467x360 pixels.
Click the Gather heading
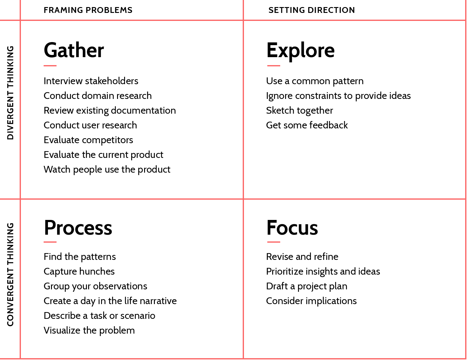point(74,50)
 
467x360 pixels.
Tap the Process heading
point(78,228)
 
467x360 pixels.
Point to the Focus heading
point(292,228)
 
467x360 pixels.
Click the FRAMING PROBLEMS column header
point(88,10)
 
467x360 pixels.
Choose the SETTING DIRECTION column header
point(312,10)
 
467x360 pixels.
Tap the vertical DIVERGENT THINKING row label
point(10,93)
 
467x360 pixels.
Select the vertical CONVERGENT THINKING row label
point(10,275)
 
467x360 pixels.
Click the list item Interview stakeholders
point(91,81)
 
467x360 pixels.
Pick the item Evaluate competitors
point(88,140)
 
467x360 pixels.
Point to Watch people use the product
point(107,170)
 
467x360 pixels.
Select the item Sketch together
point(300,111)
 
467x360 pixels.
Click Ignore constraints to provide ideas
point(339,96)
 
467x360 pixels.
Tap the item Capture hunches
point(79,272)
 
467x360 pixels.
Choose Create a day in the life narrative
point(110,301)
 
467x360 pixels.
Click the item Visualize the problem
point(89,330)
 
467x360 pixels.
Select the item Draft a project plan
point(307,286)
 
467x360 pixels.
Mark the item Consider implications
point(312,301)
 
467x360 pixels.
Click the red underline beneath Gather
point(50,66)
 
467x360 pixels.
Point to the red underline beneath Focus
point(273,242)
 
